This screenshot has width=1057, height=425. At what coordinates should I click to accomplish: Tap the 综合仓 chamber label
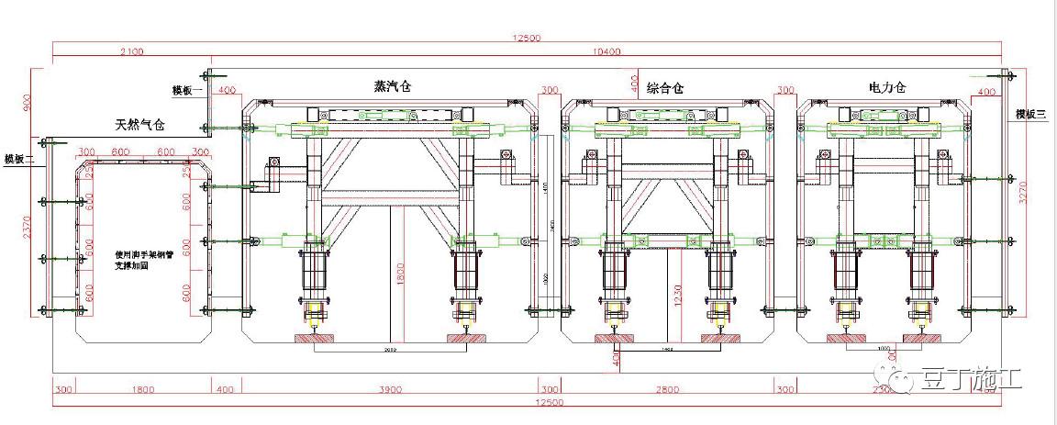(665, 88)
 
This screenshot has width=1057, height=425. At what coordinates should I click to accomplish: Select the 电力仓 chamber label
(887, 88)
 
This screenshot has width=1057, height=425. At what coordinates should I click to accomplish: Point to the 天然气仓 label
(139, 124)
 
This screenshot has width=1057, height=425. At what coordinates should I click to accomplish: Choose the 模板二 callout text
(18, 158)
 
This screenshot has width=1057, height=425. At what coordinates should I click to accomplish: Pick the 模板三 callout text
(1030, 114)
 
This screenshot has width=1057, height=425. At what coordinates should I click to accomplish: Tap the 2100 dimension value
(131, 52)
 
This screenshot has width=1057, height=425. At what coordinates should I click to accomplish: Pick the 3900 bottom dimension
(391, 389)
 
